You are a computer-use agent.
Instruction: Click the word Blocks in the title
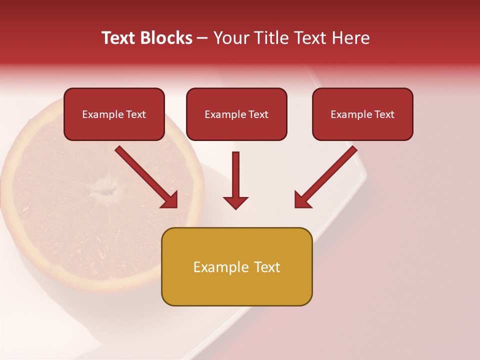166,38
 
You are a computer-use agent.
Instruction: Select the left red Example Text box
114,114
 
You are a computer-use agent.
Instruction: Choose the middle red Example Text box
236,114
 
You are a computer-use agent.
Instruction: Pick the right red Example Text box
362,114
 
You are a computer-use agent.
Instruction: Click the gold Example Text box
236,266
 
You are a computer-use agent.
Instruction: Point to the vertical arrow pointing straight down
235,180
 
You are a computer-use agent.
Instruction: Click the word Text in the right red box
384,114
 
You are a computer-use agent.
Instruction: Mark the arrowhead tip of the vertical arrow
235,208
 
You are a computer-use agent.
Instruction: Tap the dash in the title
202,38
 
